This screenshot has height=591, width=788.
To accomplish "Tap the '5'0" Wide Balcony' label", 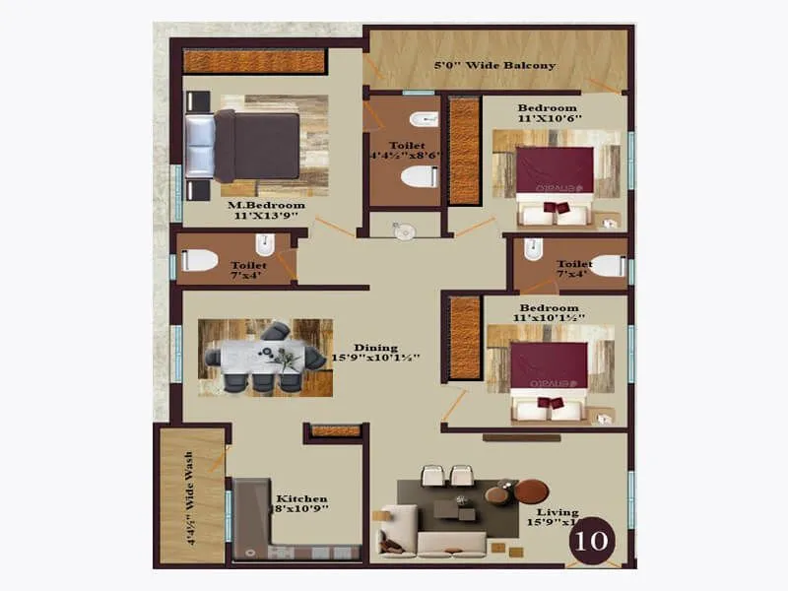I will pyautogui.click(x=495, y=66).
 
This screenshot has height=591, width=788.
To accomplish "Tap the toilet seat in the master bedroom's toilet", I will pyautogui.click(x=200, y=261).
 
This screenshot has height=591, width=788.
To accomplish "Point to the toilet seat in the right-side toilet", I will pyautogui.click(x=606, y=265).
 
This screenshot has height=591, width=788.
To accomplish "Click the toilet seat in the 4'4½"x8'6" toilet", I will pyautogui.click(x=419, y=177).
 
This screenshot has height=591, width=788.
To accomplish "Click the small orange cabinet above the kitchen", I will pyautogui.click(x=335, y=430).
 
